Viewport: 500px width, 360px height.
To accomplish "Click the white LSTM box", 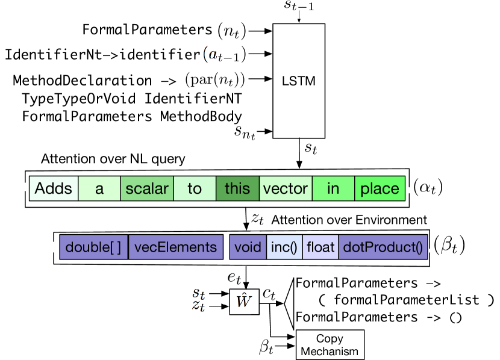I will [299, 81].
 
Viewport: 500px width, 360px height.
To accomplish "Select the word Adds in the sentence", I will [54, 188].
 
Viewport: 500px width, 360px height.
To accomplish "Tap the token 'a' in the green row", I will [99, 188].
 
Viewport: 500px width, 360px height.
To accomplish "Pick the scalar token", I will [147, 188].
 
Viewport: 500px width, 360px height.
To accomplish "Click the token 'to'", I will [195, 188].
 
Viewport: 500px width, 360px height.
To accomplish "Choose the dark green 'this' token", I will [237, 188].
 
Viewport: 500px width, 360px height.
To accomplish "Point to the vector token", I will [286, 188].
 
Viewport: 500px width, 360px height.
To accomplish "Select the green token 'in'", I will [333, 188].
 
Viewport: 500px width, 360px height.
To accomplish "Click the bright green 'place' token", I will [380, 188].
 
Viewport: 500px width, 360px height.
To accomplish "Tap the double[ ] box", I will [93, 247].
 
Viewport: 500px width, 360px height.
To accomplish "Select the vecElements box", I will [175, 247].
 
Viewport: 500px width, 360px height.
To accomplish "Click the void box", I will [248, 247].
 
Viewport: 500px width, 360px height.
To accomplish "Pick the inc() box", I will [284, 247].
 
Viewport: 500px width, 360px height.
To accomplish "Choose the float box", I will [320, 247].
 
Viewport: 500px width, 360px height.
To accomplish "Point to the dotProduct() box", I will [383, 247].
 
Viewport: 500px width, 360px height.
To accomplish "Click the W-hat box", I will [244, 301].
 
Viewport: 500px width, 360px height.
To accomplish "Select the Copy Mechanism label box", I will [330, 345].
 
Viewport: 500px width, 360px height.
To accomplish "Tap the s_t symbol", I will [197, 293].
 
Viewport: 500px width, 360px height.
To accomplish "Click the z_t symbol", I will [197, 306].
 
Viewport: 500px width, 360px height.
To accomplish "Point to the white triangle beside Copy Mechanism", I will [289, 303].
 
